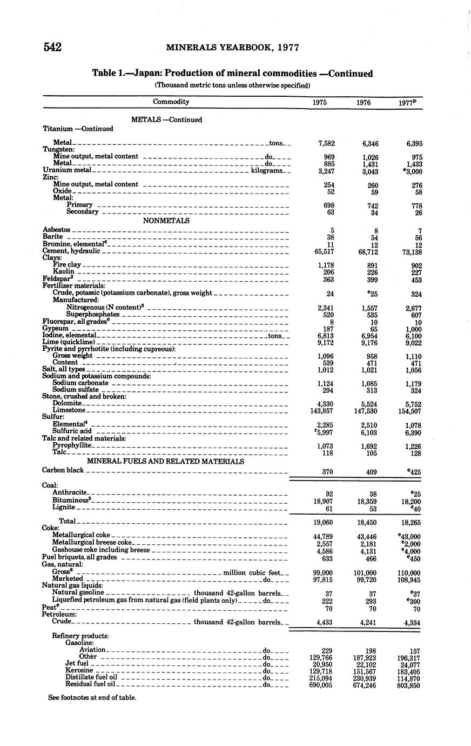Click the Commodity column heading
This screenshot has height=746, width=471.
[x=171, y=102]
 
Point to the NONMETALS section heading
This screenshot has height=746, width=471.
[x=166, y=221]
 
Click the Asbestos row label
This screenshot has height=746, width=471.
[x=56, y=230]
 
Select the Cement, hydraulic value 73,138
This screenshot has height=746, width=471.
[x=409, y=252]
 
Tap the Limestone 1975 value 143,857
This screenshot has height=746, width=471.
[x=322, y=411]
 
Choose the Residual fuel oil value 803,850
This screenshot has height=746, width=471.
[x=408, y=685]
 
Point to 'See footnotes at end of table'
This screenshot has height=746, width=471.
[x=92, y=697]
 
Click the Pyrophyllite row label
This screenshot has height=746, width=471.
[x=72, y=445]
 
